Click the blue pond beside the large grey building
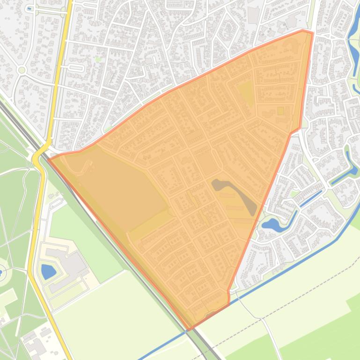point(48,271)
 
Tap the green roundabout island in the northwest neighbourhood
point(21,70)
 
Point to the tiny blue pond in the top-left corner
point(29,8)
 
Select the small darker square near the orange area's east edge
point(280,111)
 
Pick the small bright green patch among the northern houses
point(98,59)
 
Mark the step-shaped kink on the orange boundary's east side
point(295,131)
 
